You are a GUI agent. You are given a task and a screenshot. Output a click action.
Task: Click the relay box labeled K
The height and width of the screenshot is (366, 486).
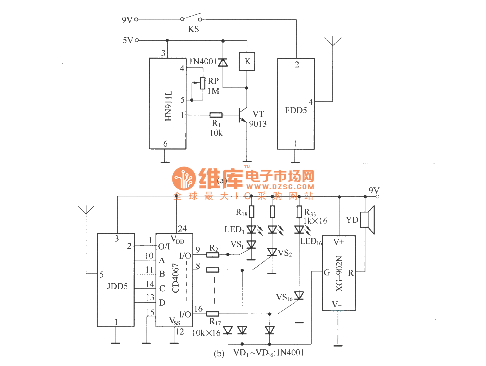click(x=247, y=61)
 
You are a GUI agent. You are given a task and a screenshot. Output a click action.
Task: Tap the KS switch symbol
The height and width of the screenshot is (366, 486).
click(x=191, y=17)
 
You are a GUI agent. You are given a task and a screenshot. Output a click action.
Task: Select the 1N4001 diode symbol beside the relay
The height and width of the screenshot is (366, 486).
click(x=223, y=62)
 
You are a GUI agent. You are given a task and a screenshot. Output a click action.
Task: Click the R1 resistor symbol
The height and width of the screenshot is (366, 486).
click(x=216, y=115)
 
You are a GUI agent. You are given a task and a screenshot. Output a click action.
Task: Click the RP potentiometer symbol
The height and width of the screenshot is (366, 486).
click(x=202, y=83)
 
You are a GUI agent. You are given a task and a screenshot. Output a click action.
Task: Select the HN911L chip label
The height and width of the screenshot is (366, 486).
click(x=168, y=106)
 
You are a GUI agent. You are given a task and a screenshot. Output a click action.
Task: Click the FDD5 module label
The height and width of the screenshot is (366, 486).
click(x=296, y=110)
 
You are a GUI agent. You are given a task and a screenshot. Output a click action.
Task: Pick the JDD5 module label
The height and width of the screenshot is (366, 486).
click(x=117, y=286)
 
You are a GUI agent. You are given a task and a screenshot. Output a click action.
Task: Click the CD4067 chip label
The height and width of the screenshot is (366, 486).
click(x=176, y=278)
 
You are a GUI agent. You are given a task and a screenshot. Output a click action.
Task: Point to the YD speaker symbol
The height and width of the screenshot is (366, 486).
click(x=368, y=220)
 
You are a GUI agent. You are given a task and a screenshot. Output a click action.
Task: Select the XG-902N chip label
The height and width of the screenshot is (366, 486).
click(x=339, y=273)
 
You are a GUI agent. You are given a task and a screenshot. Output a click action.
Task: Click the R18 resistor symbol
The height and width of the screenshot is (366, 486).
click(x=251, y=212)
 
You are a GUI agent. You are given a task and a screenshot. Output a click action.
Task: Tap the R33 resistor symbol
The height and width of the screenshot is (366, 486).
click(x=299, y=212)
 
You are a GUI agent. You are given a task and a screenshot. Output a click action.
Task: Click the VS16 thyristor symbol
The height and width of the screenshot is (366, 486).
click(x=299, y=296)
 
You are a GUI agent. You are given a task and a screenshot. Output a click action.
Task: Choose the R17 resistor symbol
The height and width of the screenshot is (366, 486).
click(x=213, y=314)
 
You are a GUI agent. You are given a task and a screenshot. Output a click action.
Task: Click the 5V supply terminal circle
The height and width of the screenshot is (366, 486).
click(x=137, y=40)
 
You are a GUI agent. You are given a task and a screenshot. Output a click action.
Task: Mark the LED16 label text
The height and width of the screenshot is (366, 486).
click(x=311, y=242)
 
